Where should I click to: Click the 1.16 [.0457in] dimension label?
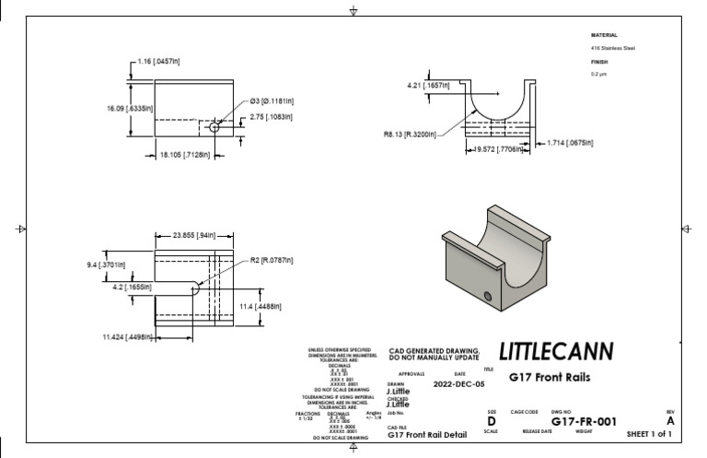(158, 61)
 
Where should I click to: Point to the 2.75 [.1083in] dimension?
(272, 117)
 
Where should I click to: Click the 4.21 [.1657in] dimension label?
(429, 85)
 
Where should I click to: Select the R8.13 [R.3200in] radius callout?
(411, 134)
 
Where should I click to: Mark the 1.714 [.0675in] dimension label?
(569, 143)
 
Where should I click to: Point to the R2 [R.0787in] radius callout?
(272, 261)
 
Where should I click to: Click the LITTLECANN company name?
(555, 352)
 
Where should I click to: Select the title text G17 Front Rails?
(551, 377)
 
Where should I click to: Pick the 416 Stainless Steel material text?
(612, 48)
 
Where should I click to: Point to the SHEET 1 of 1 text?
(648, 432)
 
